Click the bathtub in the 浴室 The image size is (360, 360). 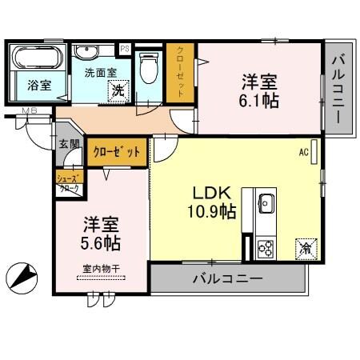34,58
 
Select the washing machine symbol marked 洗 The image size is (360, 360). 118,90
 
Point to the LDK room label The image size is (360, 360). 211,193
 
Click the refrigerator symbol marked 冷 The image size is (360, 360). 306,248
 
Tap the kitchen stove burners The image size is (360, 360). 266,249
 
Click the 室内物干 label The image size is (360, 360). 101,270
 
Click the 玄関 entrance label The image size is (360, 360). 69,145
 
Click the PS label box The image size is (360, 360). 125,49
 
